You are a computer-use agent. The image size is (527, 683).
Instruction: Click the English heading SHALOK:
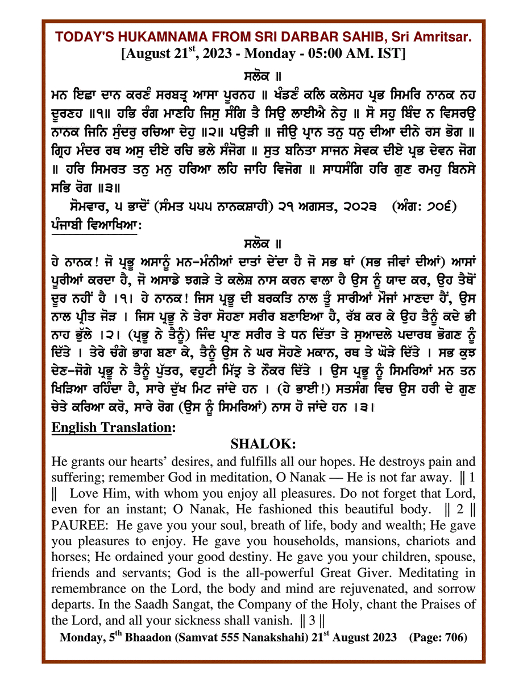click(x=263, y=443)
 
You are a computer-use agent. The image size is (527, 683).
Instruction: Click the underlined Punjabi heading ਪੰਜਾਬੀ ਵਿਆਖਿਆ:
click(x=94, y=225)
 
